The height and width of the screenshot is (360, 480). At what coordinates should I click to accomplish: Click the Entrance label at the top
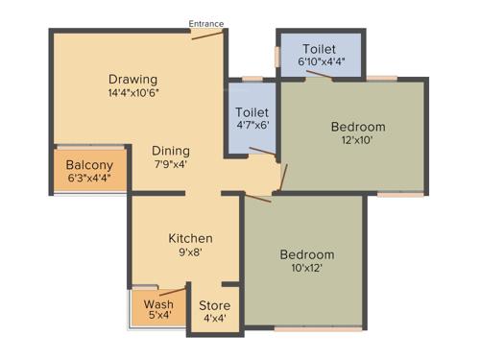(206, 23)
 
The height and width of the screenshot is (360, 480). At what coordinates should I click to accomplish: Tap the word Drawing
(132, 79)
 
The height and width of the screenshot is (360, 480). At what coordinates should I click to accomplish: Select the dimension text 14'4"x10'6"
(132, 94)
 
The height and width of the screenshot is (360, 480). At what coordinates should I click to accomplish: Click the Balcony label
(89, 165)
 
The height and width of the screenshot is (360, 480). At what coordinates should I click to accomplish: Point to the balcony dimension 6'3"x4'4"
(89, 179)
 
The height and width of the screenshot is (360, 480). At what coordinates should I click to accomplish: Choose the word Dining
(170, 151)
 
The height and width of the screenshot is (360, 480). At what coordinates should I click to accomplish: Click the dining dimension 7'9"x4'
(170, 164)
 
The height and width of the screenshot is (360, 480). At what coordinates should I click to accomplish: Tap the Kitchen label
(190, 238)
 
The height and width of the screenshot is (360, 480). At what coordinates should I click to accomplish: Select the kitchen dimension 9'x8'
(190, 253)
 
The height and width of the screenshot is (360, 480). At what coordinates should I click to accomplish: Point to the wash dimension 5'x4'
(158, 314)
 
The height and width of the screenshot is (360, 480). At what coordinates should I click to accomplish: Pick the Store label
(214, 306)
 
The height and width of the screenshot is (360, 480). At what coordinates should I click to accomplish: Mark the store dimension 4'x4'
(214, 320)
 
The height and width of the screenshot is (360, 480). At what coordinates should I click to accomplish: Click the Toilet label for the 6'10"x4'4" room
(319, 49)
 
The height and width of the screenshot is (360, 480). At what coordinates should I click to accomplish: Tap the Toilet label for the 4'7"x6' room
(252, 112)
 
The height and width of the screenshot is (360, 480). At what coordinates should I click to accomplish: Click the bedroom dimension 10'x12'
(306, 270)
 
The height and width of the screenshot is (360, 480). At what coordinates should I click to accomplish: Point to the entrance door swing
(207, 35)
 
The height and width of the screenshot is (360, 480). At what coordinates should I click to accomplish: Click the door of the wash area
(171, 291)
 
